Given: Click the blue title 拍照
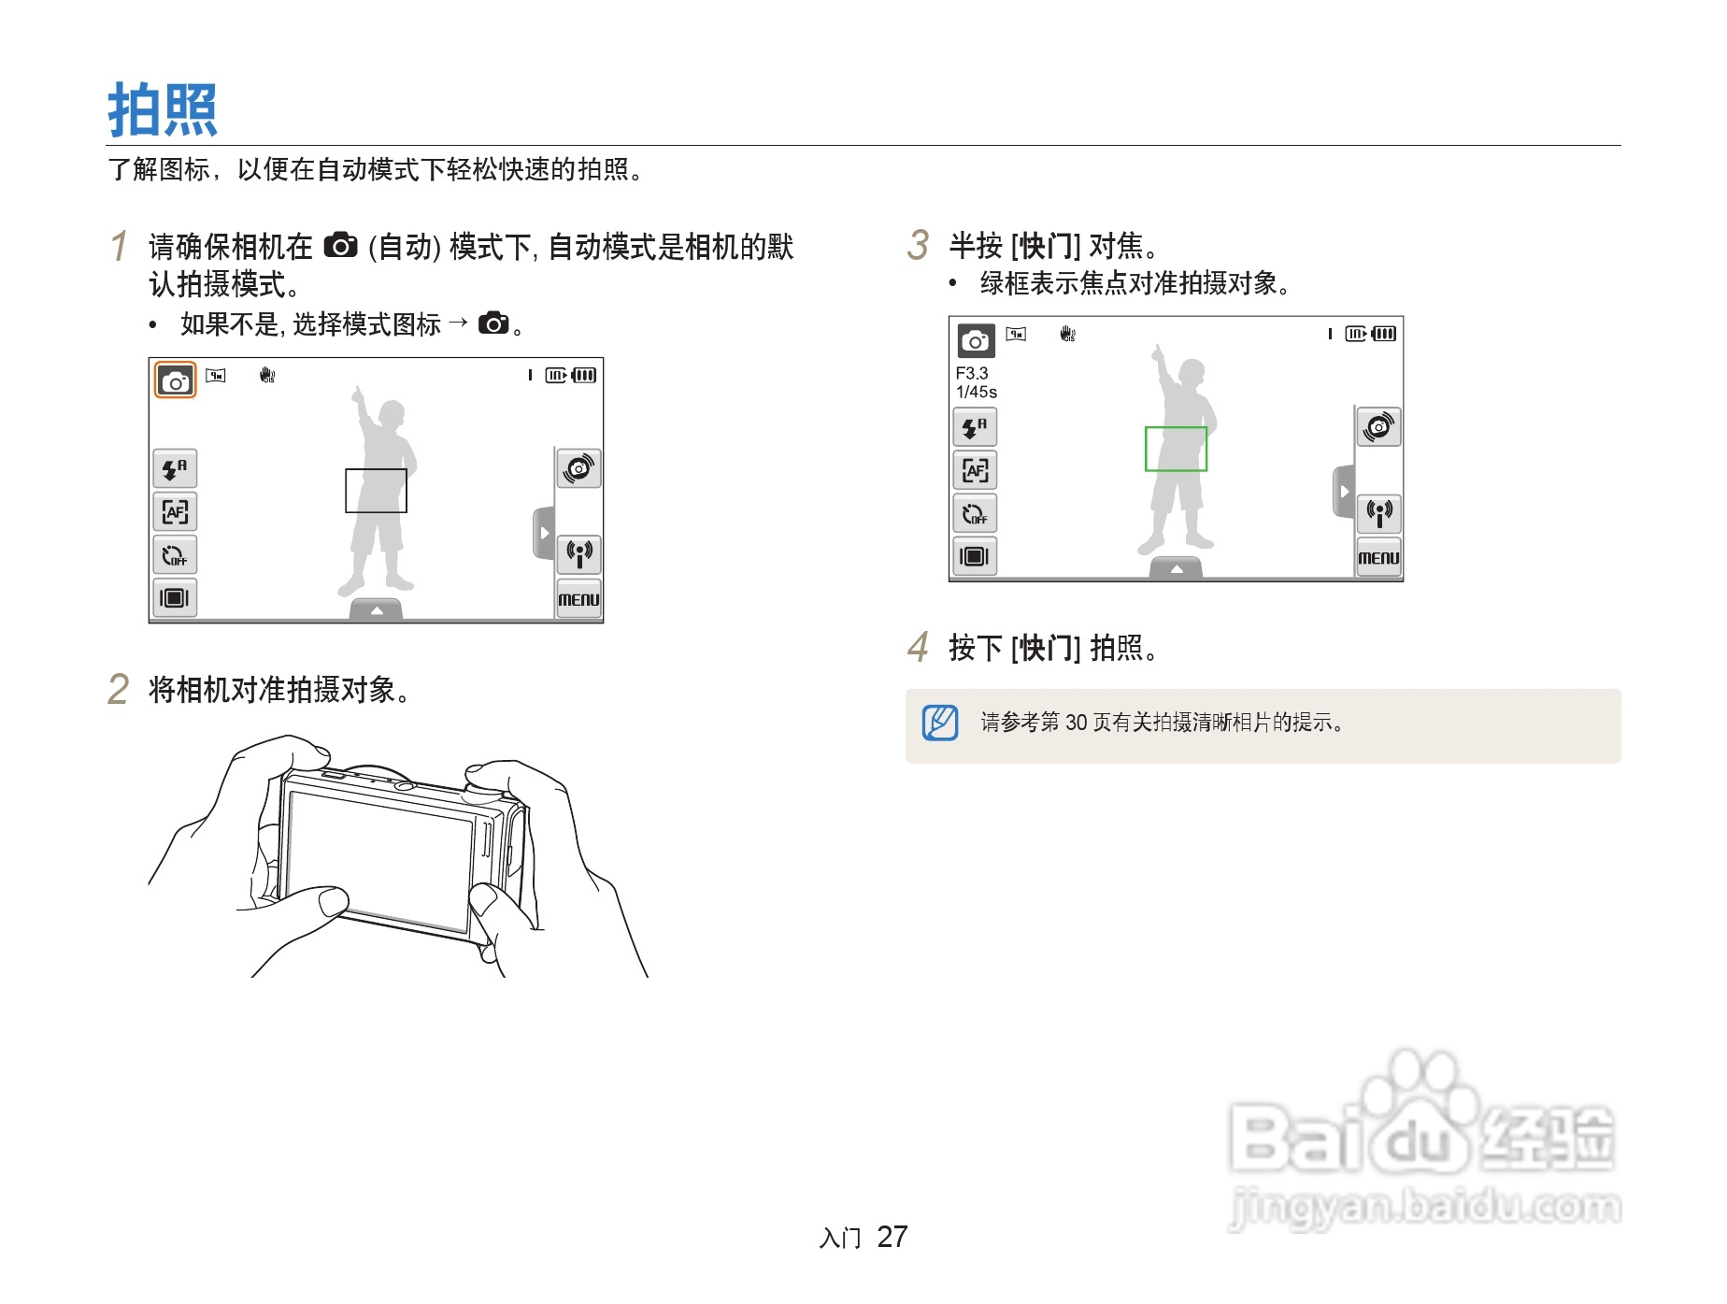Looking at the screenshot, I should point(163,109).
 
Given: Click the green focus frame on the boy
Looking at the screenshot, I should point(1176,449).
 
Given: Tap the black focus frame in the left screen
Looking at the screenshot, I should point(376,491).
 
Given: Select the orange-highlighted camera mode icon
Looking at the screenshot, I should point(175,380).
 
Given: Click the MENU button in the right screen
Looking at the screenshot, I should point(1378,558).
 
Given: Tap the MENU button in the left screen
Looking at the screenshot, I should point(578,599).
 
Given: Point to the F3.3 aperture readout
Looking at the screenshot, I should point(972,373).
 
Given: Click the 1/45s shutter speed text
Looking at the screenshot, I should point(977,393).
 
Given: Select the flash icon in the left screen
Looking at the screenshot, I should point(175,468).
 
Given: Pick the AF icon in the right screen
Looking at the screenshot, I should point(975,470).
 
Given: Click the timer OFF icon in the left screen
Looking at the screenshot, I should point(175,555).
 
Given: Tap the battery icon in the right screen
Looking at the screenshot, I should point(1384,334).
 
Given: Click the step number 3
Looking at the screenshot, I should point(918,246).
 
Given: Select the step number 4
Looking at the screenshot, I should point(918,647).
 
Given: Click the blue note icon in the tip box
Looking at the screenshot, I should point(940,723).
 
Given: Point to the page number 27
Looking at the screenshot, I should point(892,1237).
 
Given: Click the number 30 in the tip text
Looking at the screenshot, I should point(1076,723).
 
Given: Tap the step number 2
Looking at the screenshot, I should point(118,690).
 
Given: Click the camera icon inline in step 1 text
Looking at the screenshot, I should point(340,246).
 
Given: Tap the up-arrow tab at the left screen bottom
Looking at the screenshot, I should point(376,610).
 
